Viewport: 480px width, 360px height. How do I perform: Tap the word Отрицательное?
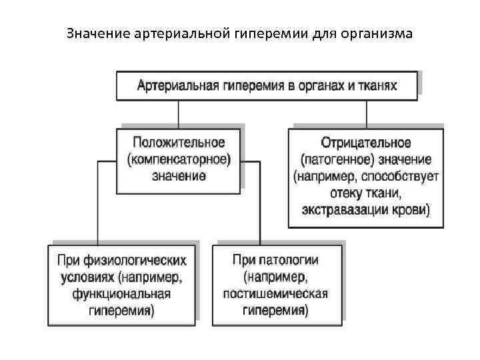pos(366,143)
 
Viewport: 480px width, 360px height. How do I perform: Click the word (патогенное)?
pos(333,160)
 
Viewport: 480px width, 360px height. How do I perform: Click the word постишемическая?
pos(276,294)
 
